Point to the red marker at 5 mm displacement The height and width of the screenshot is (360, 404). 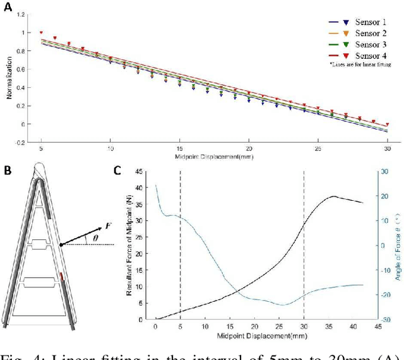point(42,32)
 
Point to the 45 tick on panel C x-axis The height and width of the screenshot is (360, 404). point(377,327)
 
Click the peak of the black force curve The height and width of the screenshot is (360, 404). point(334,196)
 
